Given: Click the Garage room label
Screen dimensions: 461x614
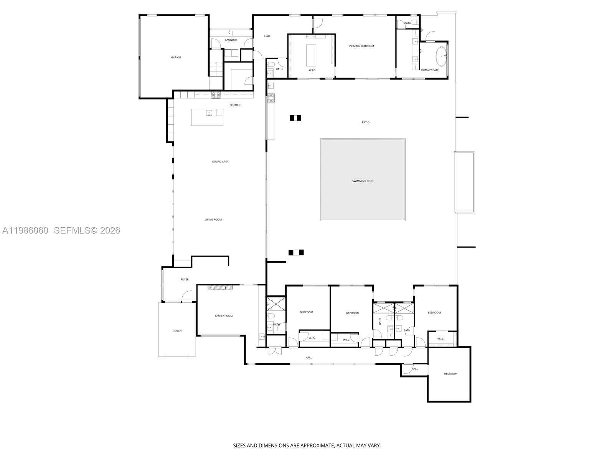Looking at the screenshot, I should coord(176,58).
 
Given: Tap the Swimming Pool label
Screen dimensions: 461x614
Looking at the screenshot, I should coord(363,181).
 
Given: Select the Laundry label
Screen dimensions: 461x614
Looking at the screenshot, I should coord(231,40).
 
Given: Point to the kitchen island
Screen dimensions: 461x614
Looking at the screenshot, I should coord(208,117).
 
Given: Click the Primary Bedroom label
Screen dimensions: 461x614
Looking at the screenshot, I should coord(361,46).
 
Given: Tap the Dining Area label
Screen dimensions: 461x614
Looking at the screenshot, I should coord(220,162).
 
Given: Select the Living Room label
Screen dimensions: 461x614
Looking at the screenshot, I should coord(213,220).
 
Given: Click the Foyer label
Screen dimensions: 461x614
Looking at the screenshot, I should coord(185,280).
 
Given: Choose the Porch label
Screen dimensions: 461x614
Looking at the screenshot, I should coord(177,331).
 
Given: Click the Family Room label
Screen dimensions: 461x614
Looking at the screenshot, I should coord(224,316).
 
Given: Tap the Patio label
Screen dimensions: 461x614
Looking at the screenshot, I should coord(366,123).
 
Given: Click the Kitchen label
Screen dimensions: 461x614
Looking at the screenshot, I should coord(235,105).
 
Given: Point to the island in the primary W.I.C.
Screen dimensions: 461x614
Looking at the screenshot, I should coord(311,51).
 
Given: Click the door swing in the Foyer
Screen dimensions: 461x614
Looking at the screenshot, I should coord(187,296).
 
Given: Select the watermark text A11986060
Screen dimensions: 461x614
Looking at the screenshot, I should coord(25,230).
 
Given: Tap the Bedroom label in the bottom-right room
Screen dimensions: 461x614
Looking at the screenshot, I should coord(451,374).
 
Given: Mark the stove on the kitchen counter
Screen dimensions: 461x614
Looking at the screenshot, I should coord(216,94).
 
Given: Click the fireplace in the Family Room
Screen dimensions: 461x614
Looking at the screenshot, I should coord(220,287).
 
